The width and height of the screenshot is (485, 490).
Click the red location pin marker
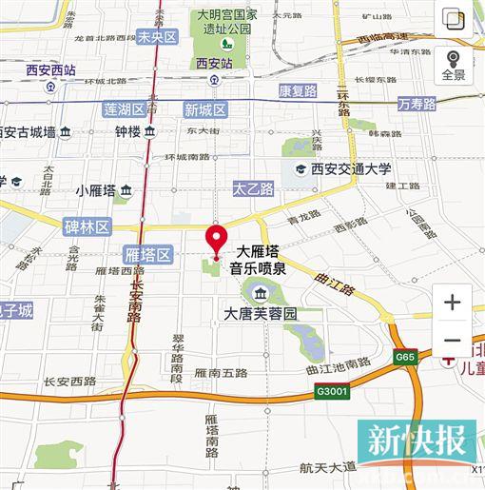218,240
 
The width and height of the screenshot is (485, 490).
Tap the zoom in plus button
452,304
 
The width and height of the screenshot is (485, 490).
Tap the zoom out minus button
452,341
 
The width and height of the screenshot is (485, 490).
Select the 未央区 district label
157,37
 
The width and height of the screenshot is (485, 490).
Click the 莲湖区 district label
125,109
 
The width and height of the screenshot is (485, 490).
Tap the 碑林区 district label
87,226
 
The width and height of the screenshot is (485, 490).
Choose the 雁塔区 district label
148,254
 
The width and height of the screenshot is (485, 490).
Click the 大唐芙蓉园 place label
260,313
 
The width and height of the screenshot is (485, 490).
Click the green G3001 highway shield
333,390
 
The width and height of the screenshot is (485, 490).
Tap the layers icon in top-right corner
454,20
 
